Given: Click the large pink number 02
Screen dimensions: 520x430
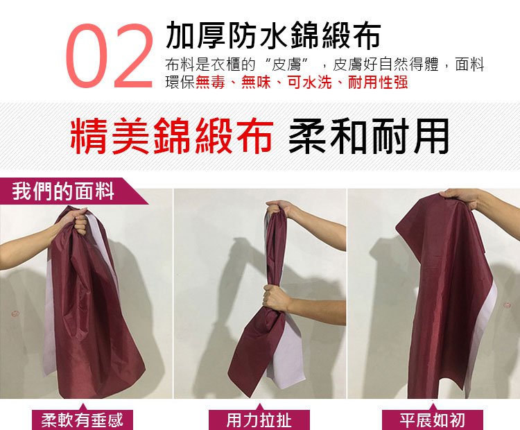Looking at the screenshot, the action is point(109,55).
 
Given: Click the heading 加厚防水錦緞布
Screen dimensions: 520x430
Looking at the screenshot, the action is point(273,35).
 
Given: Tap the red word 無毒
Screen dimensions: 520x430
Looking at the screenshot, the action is point(210,83).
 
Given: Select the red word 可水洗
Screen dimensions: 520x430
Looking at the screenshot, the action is point(309,83).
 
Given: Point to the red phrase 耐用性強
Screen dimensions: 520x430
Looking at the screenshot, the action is point(377,83).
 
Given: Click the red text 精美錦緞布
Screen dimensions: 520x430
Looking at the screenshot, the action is point(172,136).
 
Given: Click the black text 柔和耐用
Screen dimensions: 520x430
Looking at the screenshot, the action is point(368,136).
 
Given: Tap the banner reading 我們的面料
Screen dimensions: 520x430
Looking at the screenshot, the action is point(63,191).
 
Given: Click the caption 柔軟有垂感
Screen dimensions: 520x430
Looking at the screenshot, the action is point(82,420).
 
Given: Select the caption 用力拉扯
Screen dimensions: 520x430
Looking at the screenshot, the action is point(259,420).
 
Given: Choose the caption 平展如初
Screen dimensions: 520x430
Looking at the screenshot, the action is point(432,420).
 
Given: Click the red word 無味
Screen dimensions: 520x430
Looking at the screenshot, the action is point(256,83).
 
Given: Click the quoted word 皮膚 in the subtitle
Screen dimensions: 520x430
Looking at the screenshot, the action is point(286,64).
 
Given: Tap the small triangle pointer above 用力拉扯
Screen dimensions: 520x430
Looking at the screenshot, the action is point(260,407).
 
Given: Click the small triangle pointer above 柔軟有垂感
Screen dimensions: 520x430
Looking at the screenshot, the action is point(83,407).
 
